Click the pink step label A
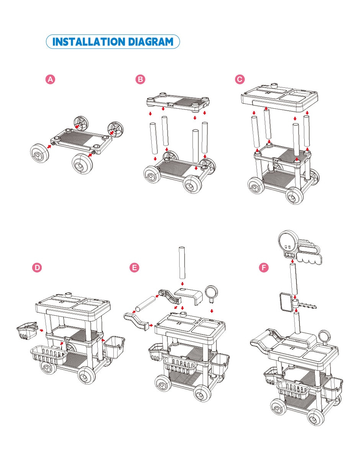point(50,79)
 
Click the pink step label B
point(141,79)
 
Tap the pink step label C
point(240,79)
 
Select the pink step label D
point(37,268)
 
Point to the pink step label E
point(134,268)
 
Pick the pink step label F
point(264,268)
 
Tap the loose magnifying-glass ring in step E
point(211,292)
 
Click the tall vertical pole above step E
point(182,263)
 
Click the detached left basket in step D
point(27,331)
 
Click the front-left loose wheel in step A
point(40,153)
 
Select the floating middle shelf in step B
point(178,102)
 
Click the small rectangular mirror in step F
point(286,302)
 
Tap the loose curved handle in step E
point(137,321)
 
